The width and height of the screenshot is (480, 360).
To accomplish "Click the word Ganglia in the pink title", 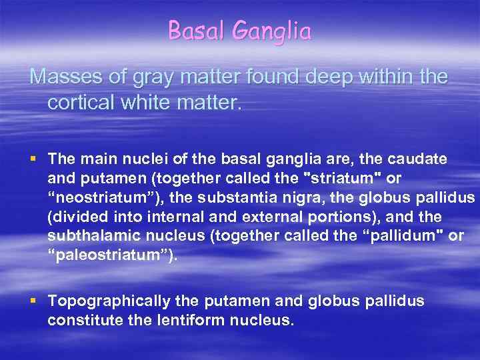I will pyautogui.click(x=276, y=31).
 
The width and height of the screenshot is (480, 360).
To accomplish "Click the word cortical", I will pyautogui.click(x=80, y=104).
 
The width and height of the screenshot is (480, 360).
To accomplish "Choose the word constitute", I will pyautogui.click(x=79, y=321).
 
